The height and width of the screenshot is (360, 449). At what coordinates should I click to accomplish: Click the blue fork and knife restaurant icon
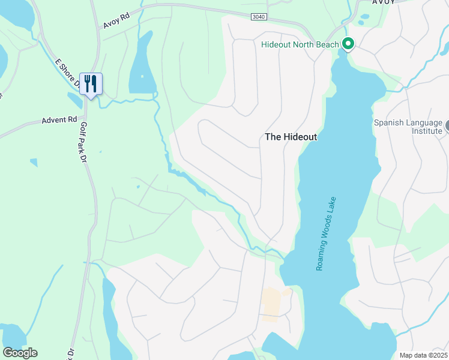pos(91,83)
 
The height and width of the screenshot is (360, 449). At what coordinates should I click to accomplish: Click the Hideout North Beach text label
pos(298,44)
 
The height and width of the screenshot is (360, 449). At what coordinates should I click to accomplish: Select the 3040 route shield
pos(259,16)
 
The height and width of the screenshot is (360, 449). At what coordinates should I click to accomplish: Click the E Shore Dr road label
pos(67,73)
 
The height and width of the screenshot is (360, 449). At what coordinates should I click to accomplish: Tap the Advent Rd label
pos(60,120)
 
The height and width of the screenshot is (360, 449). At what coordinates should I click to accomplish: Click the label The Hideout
pos(291,137)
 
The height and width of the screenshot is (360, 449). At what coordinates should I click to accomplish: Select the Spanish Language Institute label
pos(408,127)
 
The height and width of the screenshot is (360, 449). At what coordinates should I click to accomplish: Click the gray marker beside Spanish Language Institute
pos(447,127)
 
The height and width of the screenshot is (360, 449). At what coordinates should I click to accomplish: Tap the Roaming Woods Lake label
pos(326,234)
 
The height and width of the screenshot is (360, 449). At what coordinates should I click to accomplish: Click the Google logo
pos(20,352)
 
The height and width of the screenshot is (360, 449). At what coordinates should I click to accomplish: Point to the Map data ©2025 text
pos(423,355)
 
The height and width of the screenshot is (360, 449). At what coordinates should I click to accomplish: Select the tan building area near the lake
pos(271,303)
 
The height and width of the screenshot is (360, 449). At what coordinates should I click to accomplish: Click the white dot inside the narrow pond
pos(142,76)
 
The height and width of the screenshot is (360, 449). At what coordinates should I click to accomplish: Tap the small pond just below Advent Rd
pos(34,162)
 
